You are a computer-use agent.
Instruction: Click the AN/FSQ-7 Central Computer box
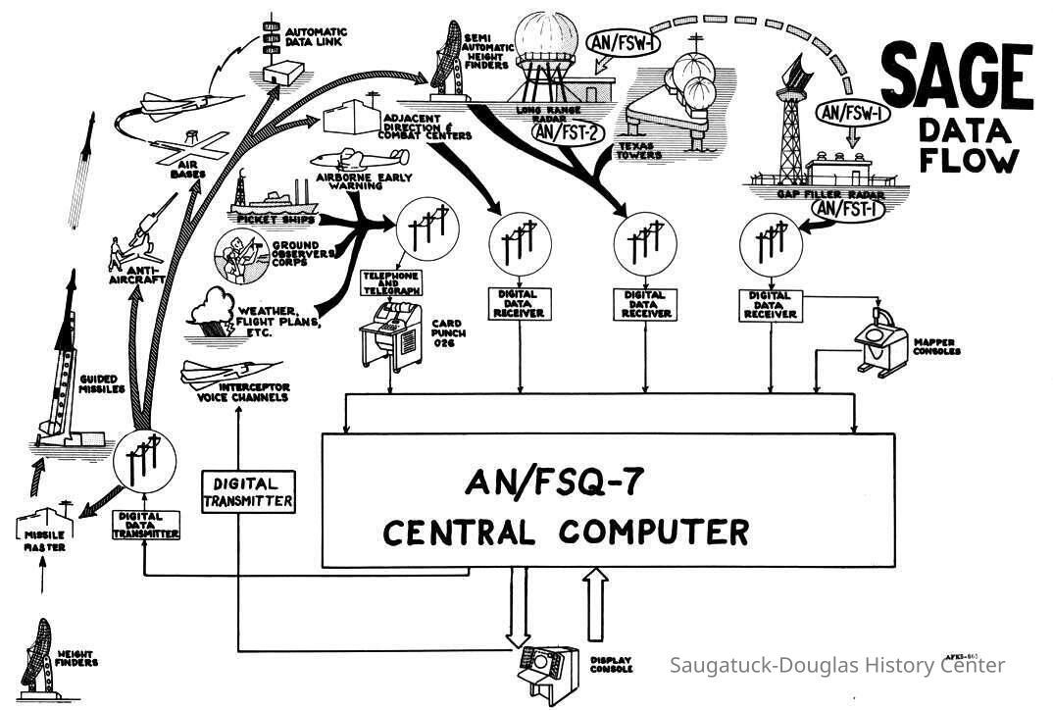click(x=608, y=500)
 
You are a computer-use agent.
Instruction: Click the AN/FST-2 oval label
click(x=568, y=131)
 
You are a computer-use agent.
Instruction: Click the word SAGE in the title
click(x=957, y=78)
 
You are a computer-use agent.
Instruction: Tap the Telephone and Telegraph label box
click(x=392, y=284)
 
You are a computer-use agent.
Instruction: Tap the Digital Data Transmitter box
click(x=145, y=525)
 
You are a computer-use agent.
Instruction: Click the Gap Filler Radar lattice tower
click(x=790, y=127)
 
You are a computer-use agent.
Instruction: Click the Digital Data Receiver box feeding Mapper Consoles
click(x=771, y=304)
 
